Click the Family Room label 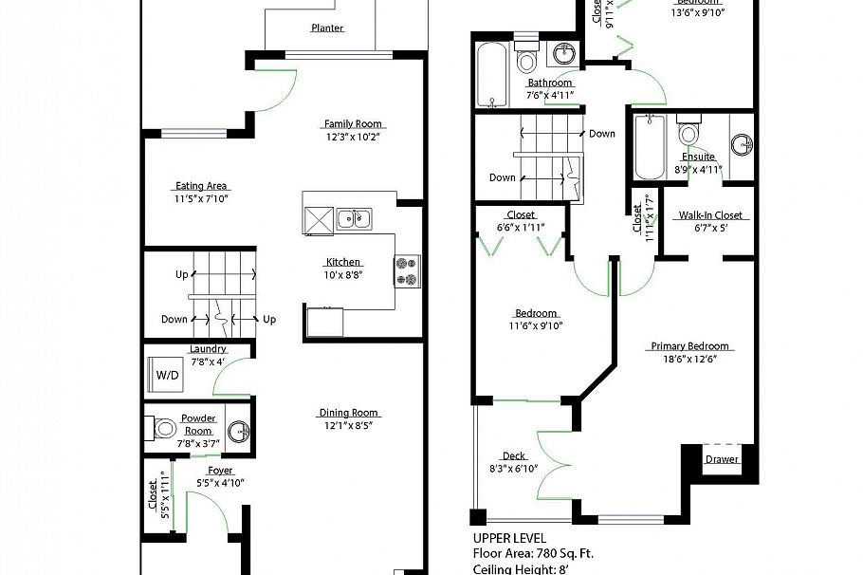[x=353, y=123]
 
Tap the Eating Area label [x=201, y=186]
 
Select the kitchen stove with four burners [x=408, y=269]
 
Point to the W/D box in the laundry [x=166, y=376]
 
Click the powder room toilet [x=162, y=428]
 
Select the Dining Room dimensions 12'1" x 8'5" [x=348, y=426]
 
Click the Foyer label [x=219, y=470]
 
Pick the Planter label [x=327, y=28]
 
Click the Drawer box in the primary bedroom [x=721, y=459]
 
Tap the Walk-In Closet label [x=709, y=215]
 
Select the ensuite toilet [x=689, y=131]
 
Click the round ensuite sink [x=742, y=145]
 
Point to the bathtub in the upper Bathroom [x=491, y=74]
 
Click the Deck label [x=514, y=456]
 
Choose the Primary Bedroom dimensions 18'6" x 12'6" [x=690, y=360]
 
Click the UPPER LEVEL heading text [x=509, y=538]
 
